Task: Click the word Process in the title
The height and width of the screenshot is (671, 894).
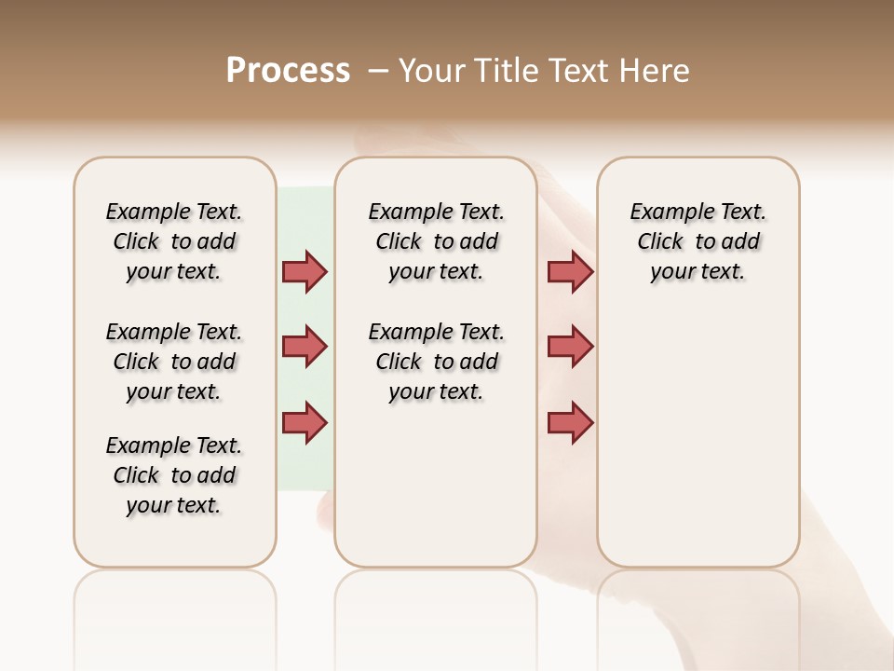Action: click(288, 71)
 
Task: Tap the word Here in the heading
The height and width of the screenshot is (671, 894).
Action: click(655, 71)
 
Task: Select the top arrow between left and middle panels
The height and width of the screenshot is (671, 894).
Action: click(305, 271)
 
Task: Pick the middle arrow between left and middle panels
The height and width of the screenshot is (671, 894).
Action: click(305, 347)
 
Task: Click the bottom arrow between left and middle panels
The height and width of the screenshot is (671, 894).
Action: click(305, 422)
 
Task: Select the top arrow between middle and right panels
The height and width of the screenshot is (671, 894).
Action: click(570, 271)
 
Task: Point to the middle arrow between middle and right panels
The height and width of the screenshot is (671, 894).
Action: click(570, 347)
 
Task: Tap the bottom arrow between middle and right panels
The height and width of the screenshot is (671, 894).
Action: click(570, 422)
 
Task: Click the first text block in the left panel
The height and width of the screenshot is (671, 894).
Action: click(174, 241)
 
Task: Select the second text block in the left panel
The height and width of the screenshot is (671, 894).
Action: click(174, 362)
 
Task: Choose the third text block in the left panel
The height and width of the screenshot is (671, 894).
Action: click(174, 475)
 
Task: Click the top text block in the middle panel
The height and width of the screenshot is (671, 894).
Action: click(436, 241)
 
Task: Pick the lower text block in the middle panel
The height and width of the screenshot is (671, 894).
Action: click(436, 362)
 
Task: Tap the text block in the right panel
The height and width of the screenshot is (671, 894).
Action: click(698, 241)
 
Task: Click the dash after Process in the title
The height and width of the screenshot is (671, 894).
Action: click(377, 71)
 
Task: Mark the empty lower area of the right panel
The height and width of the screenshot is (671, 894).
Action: click(698, 438)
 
